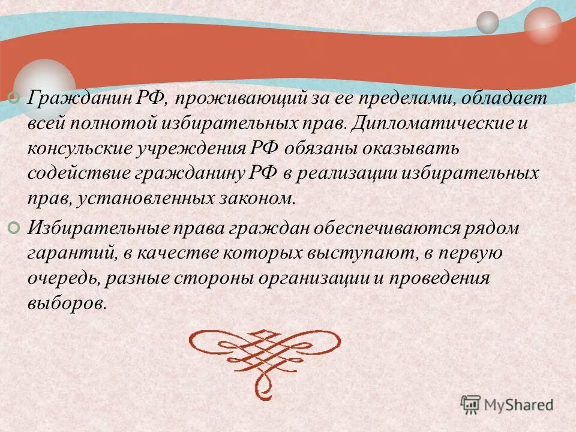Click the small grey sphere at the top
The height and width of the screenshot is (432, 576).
pyautogui.click(x=487, y=22)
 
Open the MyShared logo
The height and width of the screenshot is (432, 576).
pyautogui.click(x=507, y=404)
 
